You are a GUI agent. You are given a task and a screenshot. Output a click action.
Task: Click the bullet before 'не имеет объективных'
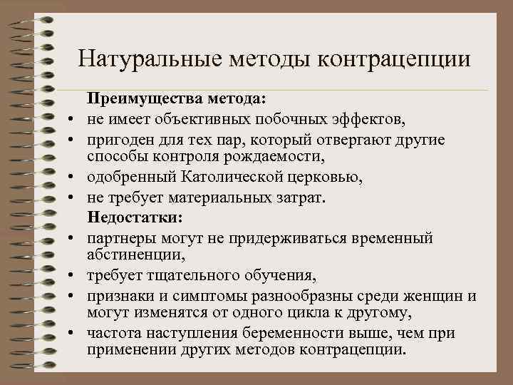coord(72,119)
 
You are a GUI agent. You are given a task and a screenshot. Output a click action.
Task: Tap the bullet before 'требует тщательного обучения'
coord(72,275)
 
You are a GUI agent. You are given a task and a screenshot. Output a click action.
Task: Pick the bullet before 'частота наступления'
coord(72,333)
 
